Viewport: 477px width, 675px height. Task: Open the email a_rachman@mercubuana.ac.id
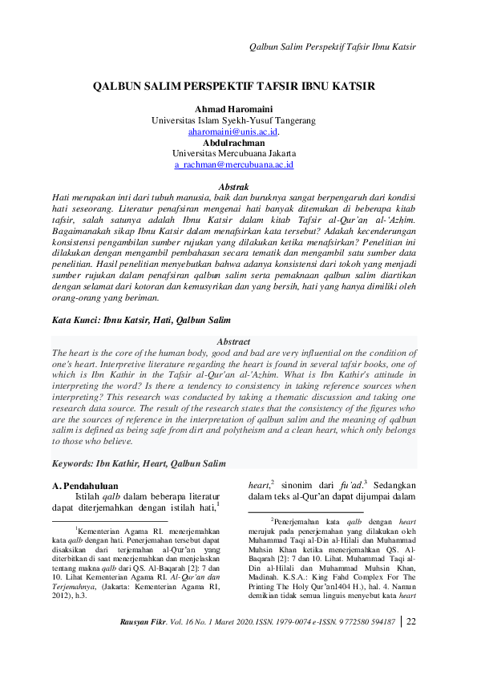233,164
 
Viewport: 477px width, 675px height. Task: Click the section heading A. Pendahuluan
85,486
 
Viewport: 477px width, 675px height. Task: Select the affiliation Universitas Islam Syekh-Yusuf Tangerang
233,120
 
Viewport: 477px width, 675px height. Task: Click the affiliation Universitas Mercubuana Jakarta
233,153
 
